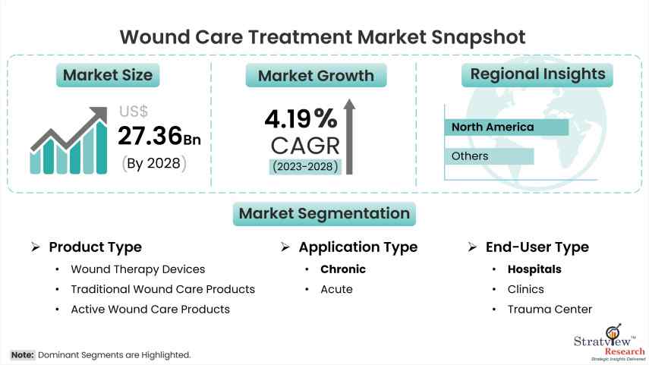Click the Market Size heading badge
coord(107,75)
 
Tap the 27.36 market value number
coord(150,135)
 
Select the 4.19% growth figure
coord(301,118)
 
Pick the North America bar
coord(506,127)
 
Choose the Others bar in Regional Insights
coord(488,156)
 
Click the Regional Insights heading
coord(537,74)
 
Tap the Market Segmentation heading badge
coord(324,214)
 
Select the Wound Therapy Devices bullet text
coord(137,269)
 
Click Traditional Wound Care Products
coord(162,289)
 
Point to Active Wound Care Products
coord(150,309)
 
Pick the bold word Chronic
coord(342,269)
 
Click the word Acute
coord(336,289)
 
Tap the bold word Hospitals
coord(534,269)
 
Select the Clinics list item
coord(525,289)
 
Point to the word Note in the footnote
coord(21,354)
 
